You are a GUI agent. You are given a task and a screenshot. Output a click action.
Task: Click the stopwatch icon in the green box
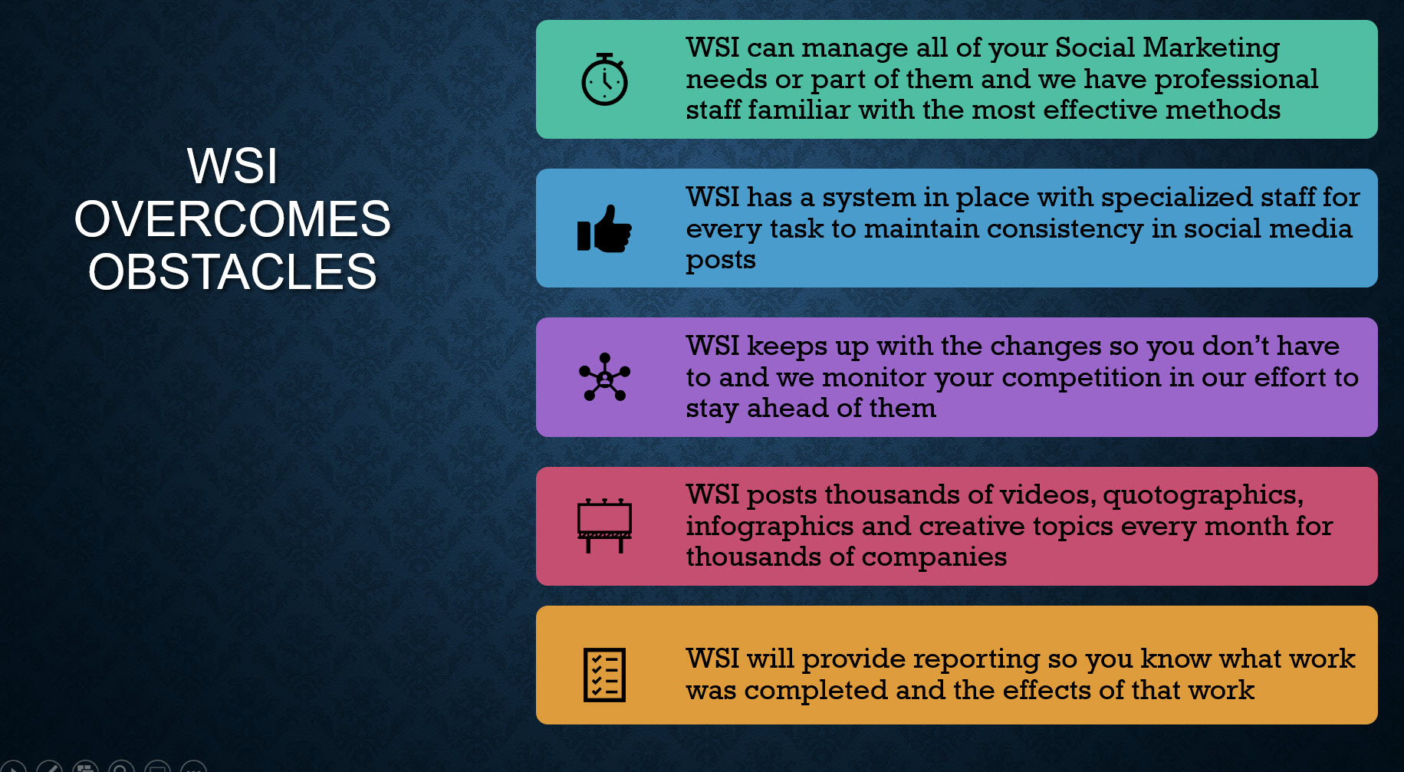point(604,80)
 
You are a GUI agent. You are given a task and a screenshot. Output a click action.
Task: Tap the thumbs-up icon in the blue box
point(604,228)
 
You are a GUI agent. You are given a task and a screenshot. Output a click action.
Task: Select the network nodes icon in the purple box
point(604,377)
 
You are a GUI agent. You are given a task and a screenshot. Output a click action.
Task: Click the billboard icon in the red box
point(604,526)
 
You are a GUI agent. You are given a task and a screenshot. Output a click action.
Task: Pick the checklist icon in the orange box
point(604,675)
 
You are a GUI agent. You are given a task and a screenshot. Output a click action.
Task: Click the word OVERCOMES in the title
point(232,218)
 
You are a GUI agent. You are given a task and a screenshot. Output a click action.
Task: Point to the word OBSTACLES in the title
point(232,271)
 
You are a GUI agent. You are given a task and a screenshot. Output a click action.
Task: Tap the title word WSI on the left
point(232,166)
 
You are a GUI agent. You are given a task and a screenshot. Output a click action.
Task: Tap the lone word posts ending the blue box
point(721,261)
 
